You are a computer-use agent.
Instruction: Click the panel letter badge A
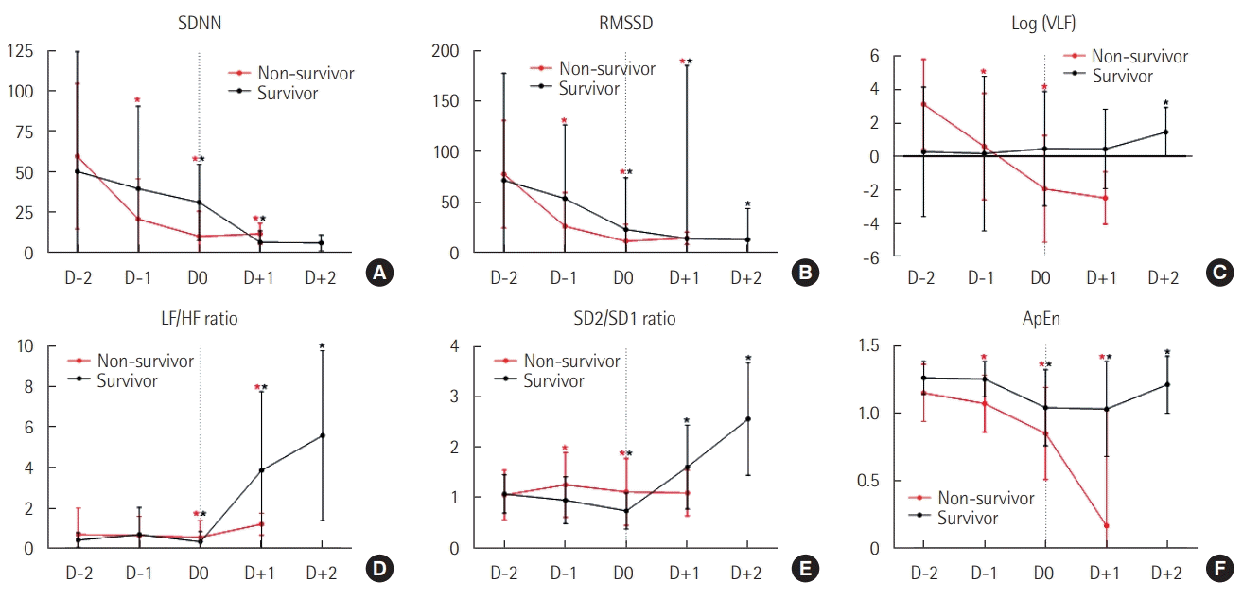point(379,274)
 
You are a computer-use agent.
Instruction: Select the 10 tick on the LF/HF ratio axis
point(26,346)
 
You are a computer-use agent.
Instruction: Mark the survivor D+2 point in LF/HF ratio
point(323,435)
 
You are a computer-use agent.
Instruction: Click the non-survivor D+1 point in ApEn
point(1105,526)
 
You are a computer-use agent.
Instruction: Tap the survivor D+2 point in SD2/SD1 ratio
point(747,419)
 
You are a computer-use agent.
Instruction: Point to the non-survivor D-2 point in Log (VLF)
point(922,104)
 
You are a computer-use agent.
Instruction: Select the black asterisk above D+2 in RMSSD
point(747,204)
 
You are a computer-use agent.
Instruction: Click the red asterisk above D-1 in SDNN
point(137,100)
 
